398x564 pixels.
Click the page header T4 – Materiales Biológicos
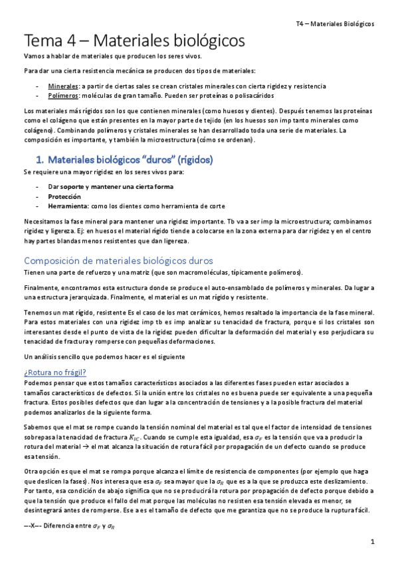[x=335, y=23]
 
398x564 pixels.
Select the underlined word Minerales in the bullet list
[x=62, y=86]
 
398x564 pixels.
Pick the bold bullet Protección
[x=64, y=196]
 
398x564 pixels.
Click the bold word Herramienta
[x=68, y=206]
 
